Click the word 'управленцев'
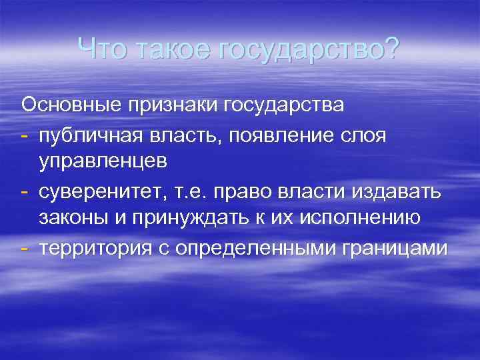click(103, 161)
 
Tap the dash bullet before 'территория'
click(26, 248)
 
